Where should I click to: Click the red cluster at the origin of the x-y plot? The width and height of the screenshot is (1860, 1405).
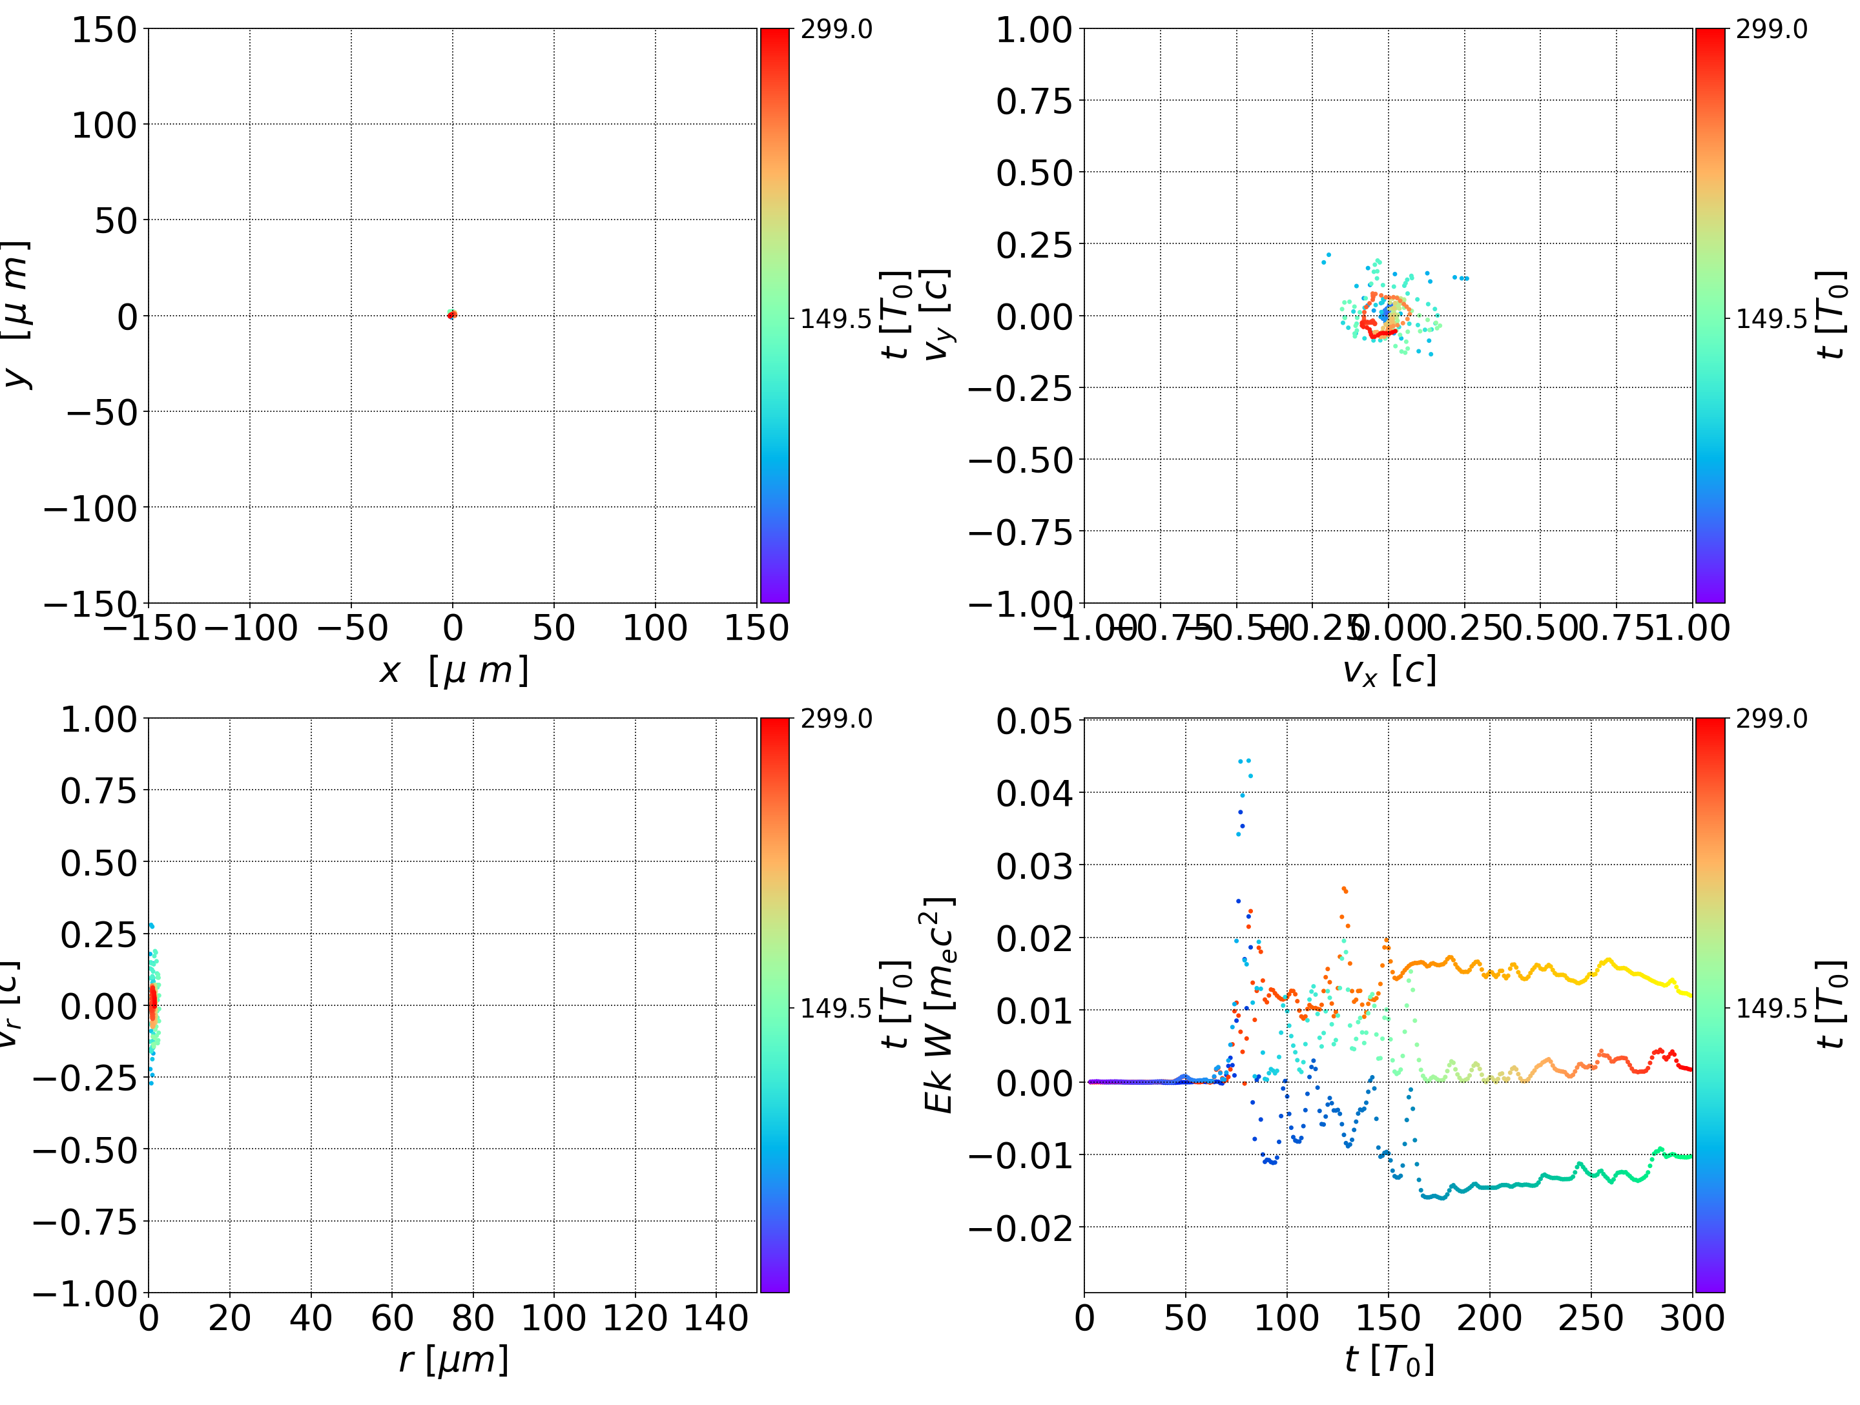click(451, 314)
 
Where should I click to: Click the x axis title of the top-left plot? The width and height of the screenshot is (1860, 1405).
click(453, 670)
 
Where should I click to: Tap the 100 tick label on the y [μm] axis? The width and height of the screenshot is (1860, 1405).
click(103, 125)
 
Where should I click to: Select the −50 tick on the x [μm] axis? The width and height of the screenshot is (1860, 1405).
click(351, 627)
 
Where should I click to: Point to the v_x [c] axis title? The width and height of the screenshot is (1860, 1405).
click(1389, 670)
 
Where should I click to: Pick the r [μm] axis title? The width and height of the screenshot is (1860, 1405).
click(453, 1360)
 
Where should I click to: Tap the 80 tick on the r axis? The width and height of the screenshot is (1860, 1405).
click(473, 1318)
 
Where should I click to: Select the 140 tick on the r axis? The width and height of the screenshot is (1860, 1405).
click(716, 1318)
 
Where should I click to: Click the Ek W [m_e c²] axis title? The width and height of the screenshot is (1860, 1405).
click(938, 1005)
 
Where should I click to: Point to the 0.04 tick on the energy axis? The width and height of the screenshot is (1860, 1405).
click(1034, 793)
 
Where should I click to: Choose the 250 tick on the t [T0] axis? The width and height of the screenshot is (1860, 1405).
click(1590, 1318)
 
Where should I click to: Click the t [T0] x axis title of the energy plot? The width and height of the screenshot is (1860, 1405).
click(1389, 1360)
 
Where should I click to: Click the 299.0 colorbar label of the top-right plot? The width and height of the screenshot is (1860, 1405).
click(1771, 30)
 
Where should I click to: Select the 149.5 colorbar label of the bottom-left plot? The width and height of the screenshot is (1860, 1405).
click(836, 1007)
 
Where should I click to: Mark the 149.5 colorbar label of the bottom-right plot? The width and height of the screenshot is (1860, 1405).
click(1771, 1007)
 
